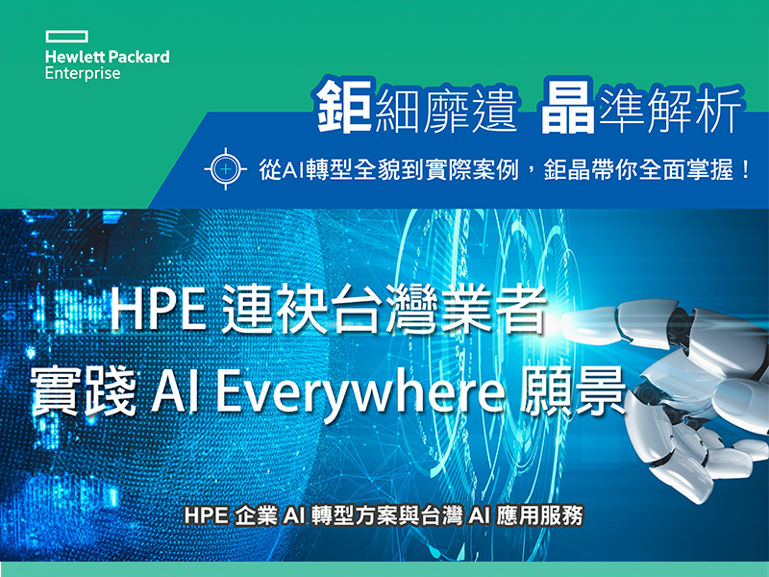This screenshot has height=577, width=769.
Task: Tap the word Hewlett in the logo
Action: click(75, 57)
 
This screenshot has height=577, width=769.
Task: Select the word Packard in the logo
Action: click(138, 57)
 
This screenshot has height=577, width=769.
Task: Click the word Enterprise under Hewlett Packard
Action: click(83, 74)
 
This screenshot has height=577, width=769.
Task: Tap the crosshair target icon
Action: click(226, 169)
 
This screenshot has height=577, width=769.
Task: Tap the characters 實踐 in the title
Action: click(84, 391)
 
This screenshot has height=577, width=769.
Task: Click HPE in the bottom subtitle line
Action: click(206, 515)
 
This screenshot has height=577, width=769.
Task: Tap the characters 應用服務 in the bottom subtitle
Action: click(539, 515)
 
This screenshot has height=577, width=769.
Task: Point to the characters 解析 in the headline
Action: click(694, 110)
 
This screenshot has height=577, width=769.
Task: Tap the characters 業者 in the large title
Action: click(493, 309)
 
